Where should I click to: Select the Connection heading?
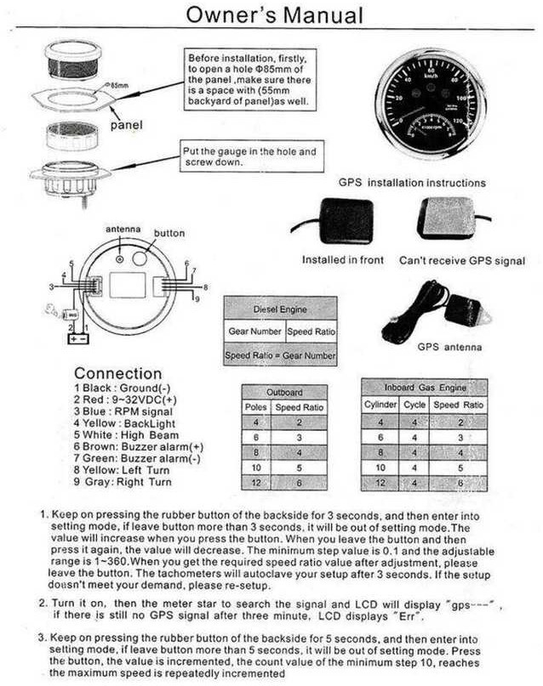click(x=117, y=373)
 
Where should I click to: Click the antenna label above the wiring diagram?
click(x=122, y=230)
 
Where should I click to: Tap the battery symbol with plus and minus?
click(x=78, y=337)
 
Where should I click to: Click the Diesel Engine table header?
click(x=280, y=309)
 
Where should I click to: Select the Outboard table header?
click(x=284, y=393)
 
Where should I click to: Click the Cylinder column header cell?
click(x=380, y=405)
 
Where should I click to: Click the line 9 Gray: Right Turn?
click(x=123, y=482)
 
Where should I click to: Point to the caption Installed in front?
click(x=343, y=260)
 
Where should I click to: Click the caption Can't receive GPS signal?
click(x=462, y=260)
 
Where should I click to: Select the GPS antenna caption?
click(x=449, y=347)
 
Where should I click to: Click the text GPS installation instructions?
click(x=412, y=182)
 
